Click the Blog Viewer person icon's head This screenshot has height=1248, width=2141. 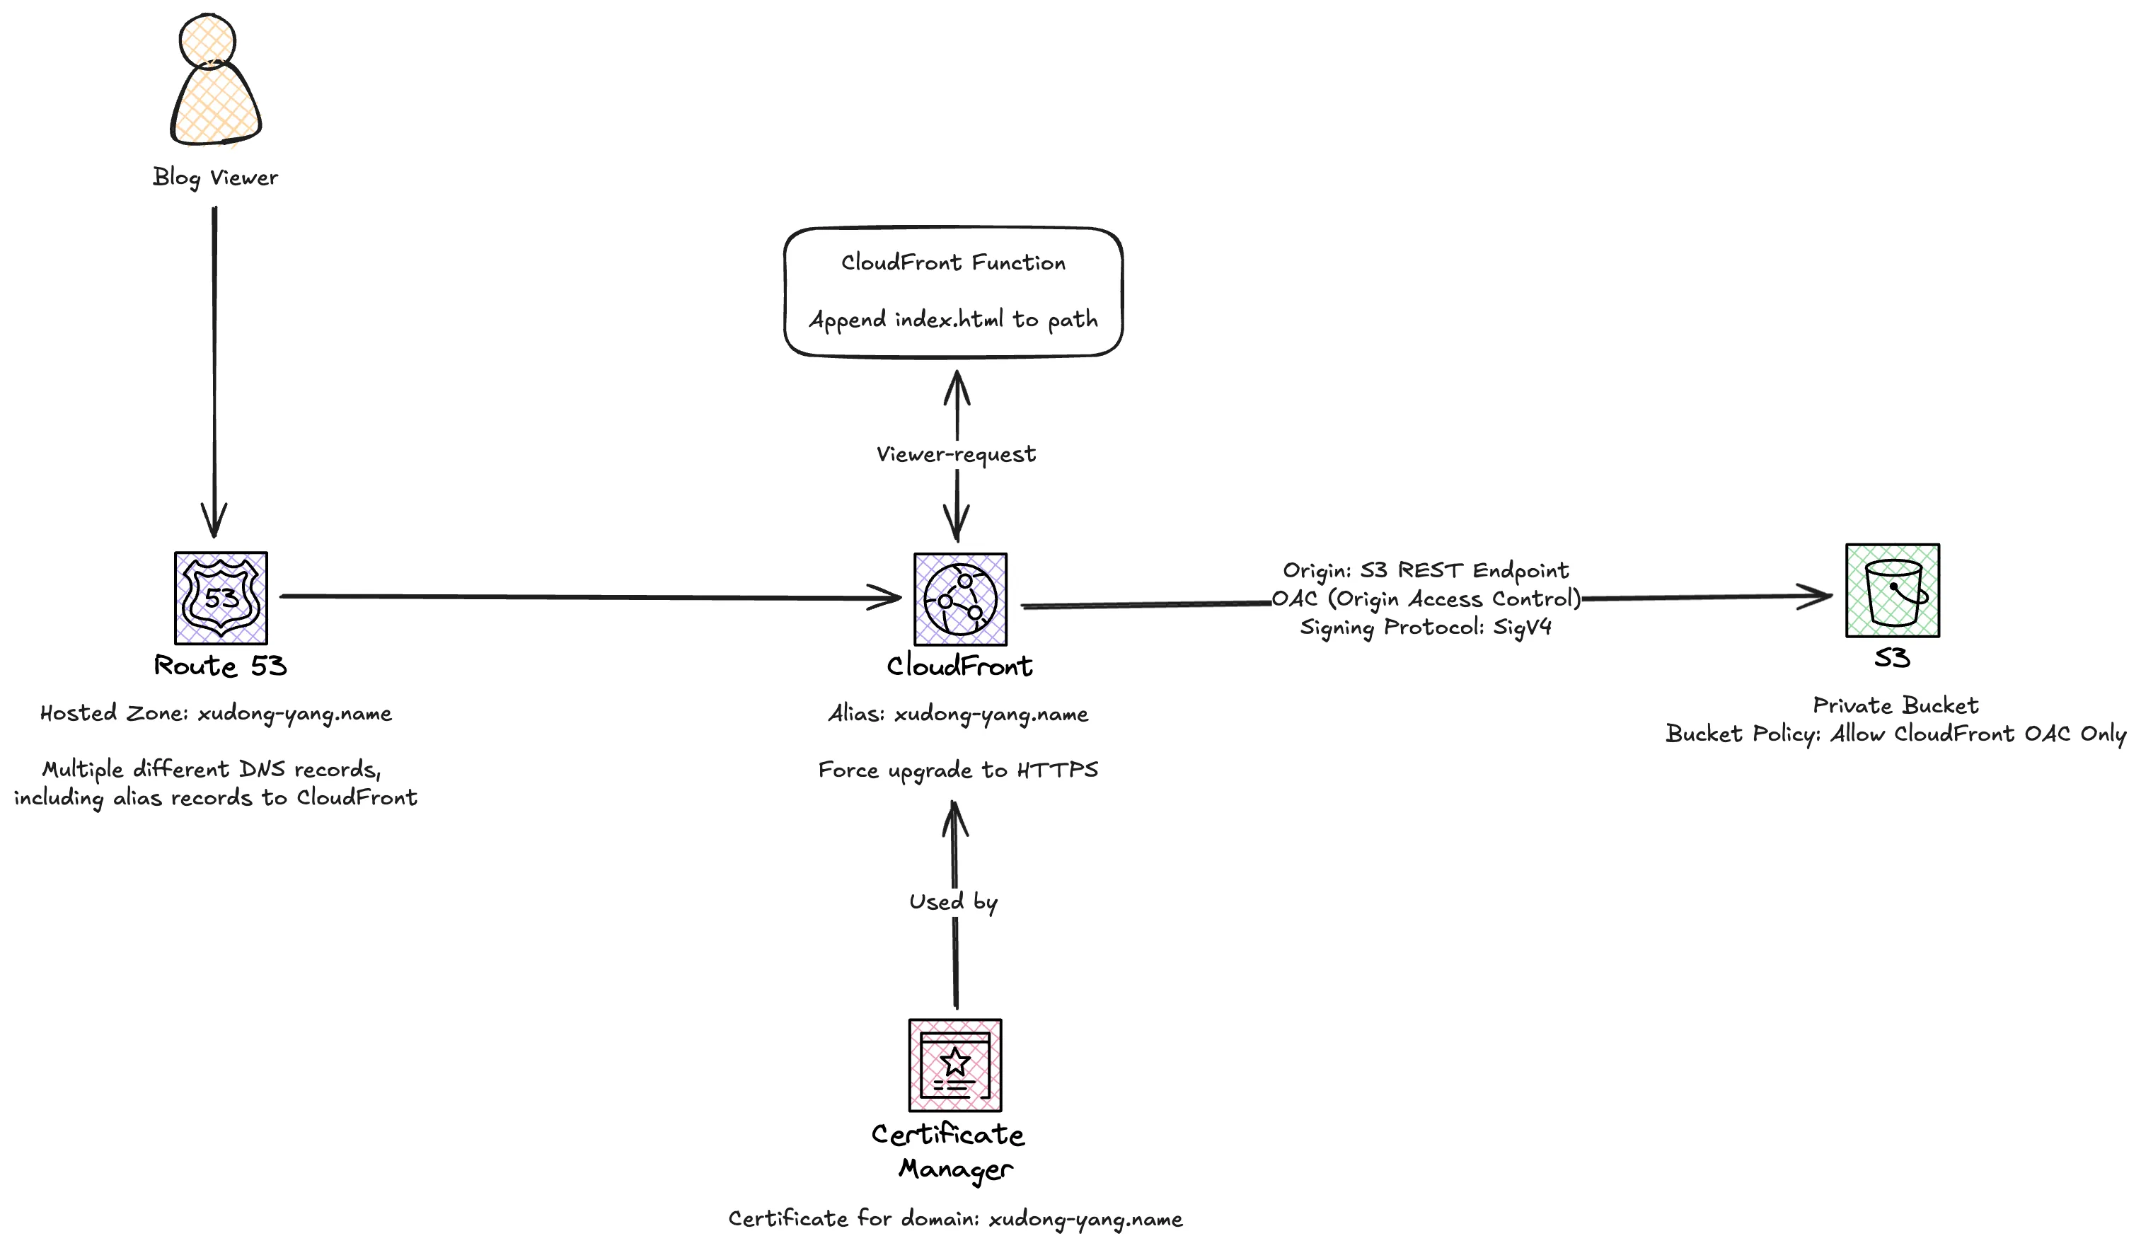point(207,39)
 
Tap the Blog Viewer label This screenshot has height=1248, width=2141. point(215,178)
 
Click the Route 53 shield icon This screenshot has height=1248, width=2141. point(221,598)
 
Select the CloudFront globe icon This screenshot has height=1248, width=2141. point(960,600)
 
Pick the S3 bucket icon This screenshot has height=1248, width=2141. point(1892,591)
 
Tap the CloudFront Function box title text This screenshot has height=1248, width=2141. point(953,262)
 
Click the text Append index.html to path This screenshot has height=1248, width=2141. point(953,320)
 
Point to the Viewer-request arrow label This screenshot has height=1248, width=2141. point(956,454)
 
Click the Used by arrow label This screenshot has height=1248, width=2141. point(953,901)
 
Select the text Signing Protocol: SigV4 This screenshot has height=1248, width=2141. point(1426,627)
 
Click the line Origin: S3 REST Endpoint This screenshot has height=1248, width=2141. point(1426,570)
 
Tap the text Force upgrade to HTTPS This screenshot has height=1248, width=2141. point(958,770)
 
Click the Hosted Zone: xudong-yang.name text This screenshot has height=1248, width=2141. point(216,712)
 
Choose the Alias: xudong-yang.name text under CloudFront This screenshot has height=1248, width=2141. point(958,714)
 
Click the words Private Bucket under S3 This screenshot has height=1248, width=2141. point(1895,705)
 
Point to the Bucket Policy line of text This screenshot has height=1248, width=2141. point(1895,733)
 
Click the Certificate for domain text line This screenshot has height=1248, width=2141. point(955,1218)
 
